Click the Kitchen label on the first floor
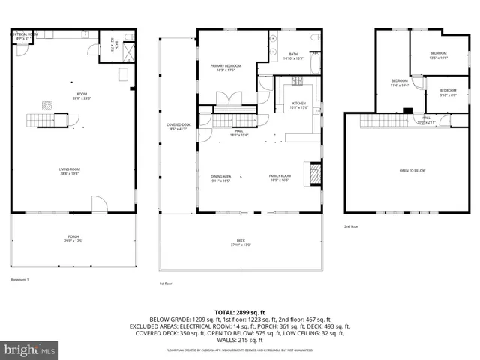pos(299,104)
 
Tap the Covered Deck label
pos(178,127)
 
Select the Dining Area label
pos(220,178)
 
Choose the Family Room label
pos(280,178)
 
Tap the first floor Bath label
pos(292,55)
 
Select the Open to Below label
pos(412,171)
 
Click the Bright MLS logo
pos(30,349)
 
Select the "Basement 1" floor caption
pos(19,279)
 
